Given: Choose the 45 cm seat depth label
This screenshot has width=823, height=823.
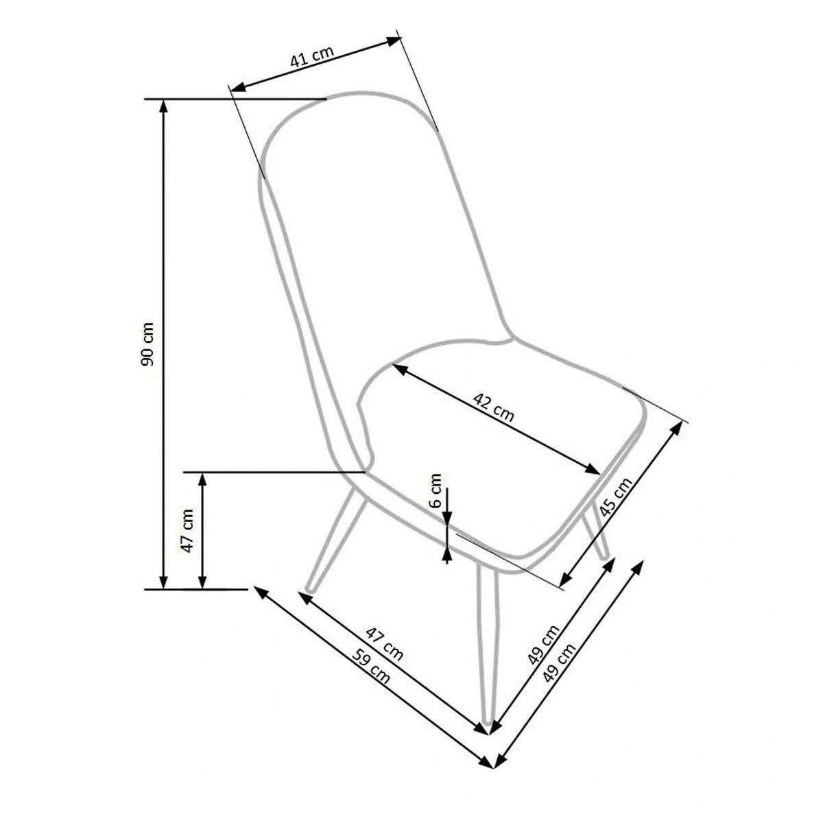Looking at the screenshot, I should tap(615, 497).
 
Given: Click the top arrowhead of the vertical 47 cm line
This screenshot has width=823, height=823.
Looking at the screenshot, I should tap(202, 477).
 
